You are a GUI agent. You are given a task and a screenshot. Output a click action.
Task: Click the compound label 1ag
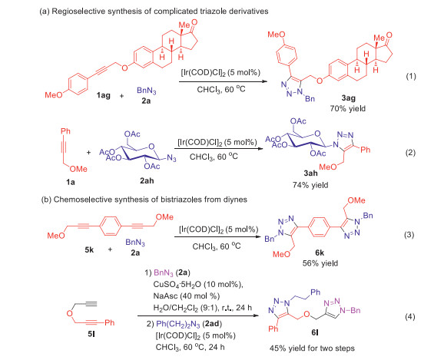coord(103,95)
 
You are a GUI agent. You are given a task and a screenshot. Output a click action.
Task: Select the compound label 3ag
coord(349,97)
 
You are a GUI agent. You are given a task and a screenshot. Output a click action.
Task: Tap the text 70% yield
coord(348,108)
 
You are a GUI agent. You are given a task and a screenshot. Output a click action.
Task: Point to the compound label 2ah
coord(147,180)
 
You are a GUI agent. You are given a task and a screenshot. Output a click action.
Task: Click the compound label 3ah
coord(311,173)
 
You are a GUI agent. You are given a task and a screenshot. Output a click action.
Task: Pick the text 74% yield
coord(310,185)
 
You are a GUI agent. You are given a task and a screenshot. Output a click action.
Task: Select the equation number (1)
coord(411,76)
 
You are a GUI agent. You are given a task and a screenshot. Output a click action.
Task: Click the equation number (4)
coord(410,316)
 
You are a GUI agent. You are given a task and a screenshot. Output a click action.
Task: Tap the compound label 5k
coord(89,249)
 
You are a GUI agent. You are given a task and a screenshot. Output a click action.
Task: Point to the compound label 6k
coord(320,253)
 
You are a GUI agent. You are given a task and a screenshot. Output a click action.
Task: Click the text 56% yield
coord(320,263)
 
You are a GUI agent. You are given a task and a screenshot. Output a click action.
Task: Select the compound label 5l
coord(91,334)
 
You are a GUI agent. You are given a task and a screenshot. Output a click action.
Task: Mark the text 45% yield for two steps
coord(312,348)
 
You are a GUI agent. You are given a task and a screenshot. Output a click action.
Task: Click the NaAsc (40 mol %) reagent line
coord(187,296)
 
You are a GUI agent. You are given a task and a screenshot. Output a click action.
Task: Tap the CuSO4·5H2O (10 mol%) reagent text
coord(198,285)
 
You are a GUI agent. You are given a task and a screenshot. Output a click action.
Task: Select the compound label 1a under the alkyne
coord(71,182)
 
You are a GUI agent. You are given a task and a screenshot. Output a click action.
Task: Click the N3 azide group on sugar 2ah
coord(171,158)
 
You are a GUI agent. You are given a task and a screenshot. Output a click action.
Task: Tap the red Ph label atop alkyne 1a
coord(65,130)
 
